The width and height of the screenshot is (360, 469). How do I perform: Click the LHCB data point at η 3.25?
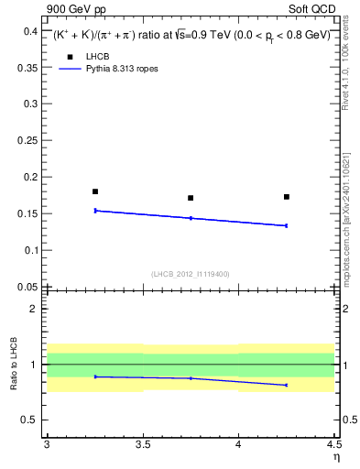coord(95,191)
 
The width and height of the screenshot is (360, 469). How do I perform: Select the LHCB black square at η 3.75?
coord(191,198)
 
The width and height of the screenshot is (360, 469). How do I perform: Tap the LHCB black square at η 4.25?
coord(287,197)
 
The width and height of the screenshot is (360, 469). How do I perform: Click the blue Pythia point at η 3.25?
coord(95,211)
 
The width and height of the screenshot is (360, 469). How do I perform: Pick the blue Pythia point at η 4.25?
coord(287,225)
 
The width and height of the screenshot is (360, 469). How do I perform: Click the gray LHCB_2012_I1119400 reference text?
coord(191,274)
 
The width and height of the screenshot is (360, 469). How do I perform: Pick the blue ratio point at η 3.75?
coord(191,378)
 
